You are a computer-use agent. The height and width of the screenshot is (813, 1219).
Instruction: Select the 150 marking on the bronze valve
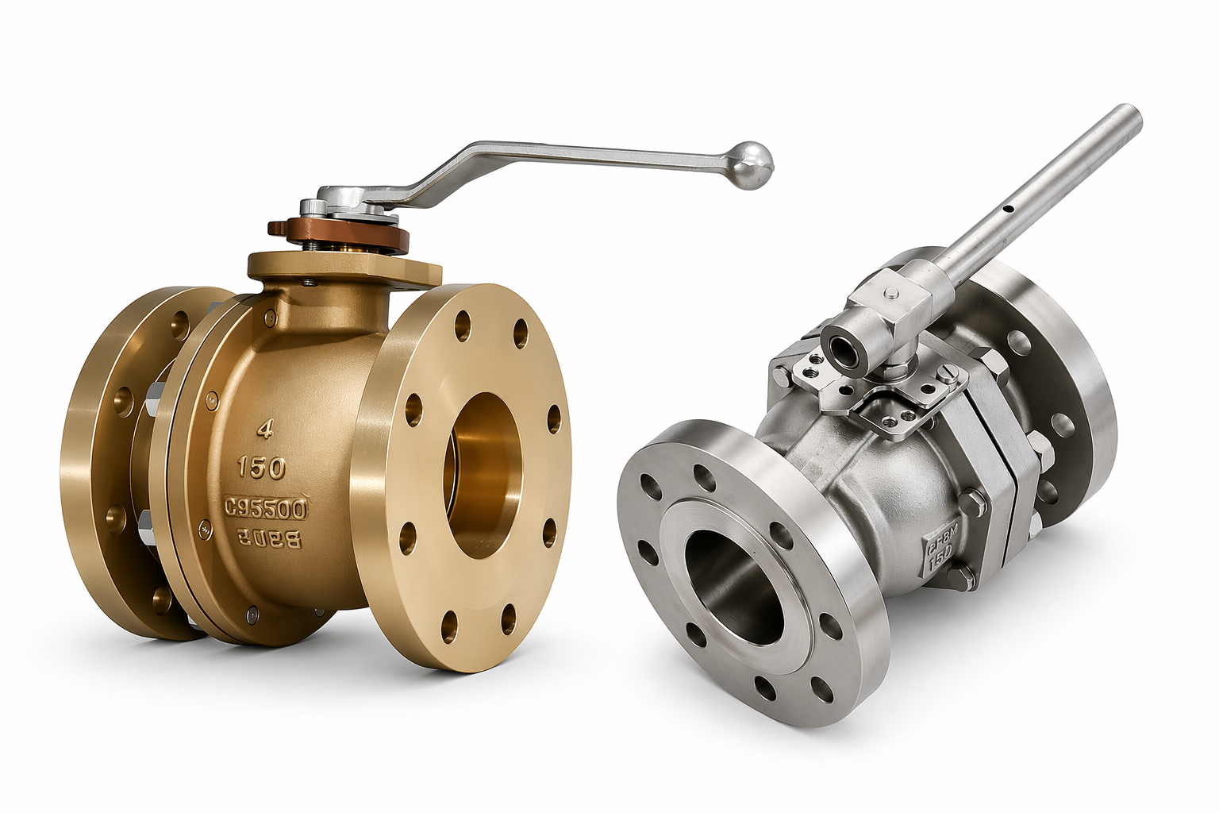tap(262, 468)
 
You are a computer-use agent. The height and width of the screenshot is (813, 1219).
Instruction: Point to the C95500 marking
tap(266, 507)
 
